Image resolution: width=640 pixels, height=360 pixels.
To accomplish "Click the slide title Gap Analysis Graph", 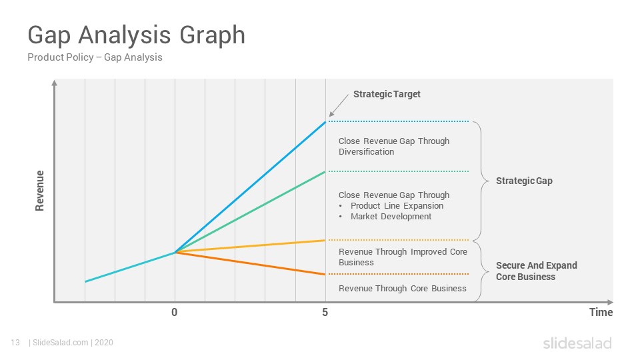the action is point(136,35).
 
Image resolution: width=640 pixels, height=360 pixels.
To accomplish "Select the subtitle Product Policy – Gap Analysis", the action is point(95,57).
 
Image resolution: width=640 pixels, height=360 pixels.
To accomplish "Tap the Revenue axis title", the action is point(39,191).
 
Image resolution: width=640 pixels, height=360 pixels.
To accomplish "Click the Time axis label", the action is point(601,312).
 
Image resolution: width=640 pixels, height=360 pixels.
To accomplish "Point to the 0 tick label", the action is point(174,312).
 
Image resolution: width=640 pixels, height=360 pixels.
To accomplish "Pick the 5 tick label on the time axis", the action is point(325,312).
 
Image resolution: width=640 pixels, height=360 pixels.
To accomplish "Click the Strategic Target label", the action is point(387,94).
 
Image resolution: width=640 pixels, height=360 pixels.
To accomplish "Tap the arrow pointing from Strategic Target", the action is point(339,105).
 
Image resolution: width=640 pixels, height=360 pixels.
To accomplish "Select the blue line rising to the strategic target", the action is point(250,187).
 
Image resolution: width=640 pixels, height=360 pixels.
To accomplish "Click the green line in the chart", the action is point(250,212).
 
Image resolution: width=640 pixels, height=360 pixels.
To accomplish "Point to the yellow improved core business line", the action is point(250,246).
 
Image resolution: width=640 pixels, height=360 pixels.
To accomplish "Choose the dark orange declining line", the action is point(250,263).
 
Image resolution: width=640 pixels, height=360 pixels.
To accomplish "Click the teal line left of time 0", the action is point(130,267).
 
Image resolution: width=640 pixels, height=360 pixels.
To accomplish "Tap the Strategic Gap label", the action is point(524,181).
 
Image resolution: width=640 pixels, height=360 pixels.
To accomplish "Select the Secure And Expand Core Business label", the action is point(536,271).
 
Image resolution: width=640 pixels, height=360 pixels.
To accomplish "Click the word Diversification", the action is point(366,152).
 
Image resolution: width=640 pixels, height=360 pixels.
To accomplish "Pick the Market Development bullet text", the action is point(391,216).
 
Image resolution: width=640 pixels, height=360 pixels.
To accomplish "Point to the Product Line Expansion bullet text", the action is point(397,206).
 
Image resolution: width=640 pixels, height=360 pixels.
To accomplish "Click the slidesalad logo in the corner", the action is point(577,343).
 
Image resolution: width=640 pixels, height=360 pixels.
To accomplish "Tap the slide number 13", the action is point(15,343).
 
